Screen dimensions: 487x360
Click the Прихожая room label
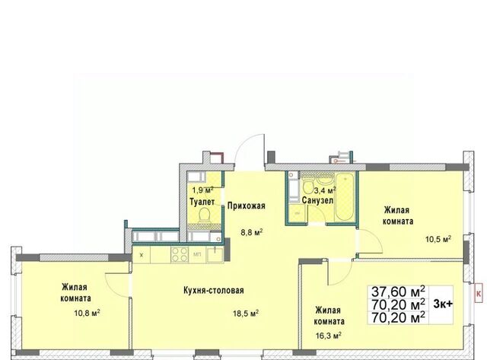[x=247, y=206]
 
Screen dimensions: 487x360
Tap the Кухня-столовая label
[x=214, y=291]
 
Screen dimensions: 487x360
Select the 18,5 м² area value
[x=246, y=314]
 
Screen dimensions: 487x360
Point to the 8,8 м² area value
[x=252, y=232]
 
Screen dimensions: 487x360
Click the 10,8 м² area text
[x=87, y=313]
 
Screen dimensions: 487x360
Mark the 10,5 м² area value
[x=438, y=239]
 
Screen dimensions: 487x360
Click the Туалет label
[x=202, y=202]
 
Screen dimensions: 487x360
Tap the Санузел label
[x=318, y=200]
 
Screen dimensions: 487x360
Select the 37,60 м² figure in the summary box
[x=398, y=292]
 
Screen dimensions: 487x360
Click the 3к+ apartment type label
[x=443, y=304]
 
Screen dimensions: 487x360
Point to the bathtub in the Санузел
[x=345, y=198]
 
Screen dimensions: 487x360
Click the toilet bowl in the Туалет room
[x=204, y=215]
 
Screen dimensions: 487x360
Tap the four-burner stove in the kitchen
[x=180, y=254]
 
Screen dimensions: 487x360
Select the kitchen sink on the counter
[x=215, y=255]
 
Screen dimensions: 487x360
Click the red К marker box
[x=479, y=293]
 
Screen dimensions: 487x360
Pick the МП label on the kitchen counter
[x=197, y=255]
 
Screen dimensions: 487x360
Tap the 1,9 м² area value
[x=202, y=190]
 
